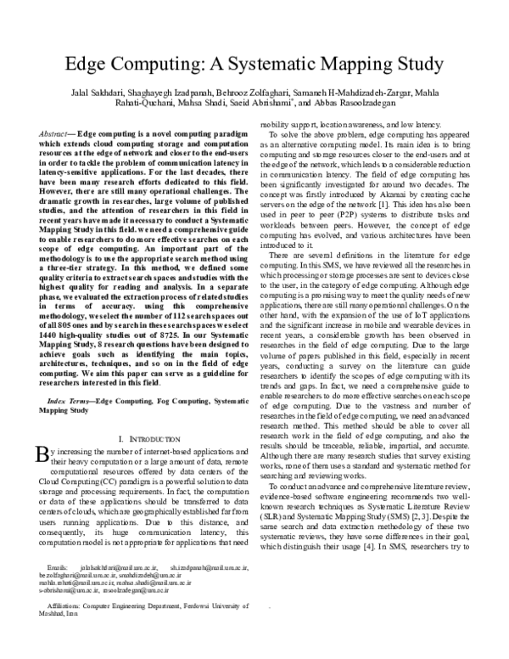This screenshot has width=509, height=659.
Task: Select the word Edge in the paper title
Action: tap(88, 65)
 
